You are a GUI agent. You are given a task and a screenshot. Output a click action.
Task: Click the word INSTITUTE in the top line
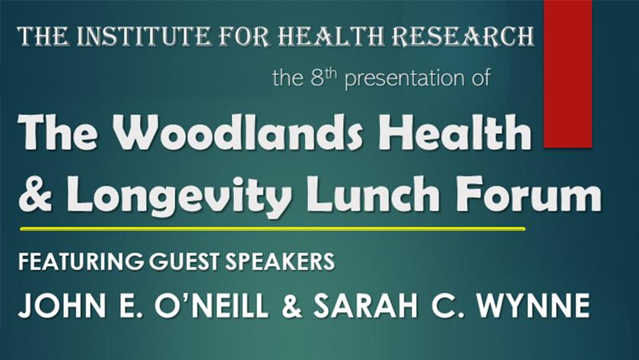[143, 36]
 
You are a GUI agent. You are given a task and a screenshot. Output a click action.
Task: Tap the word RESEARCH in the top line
[465, 36]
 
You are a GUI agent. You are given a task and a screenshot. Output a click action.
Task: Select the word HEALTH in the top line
[332, 36]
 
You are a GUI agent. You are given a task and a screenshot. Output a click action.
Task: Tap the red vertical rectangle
[567, 73]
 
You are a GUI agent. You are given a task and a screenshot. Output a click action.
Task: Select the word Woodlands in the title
[237, 132]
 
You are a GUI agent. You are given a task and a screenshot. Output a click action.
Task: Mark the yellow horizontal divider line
[272, 229]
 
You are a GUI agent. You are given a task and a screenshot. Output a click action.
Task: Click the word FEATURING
[81, 261]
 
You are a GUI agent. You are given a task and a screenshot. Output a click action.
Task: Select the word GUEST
[185, 261]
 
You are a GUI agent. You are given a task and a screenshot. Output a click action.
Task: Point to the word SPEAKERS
[280, 261]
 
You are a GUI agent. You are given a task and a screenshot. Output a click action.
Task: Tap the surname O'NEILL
[212, 305]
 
